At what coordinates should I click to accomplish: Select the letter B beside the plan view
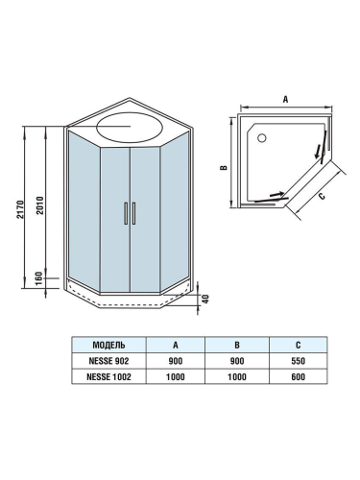click(222, 167)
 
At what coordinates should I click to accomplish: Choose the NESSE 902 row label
click(110, 361)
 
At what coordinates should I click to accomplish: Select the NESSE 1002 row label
click(110, 378)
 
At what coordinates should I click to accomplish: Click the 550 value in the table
click(300, 361)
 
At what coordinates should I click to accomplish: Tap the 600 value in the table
click(300, 378)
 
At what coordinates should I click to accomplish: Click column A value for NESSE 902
click(175, 361)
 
